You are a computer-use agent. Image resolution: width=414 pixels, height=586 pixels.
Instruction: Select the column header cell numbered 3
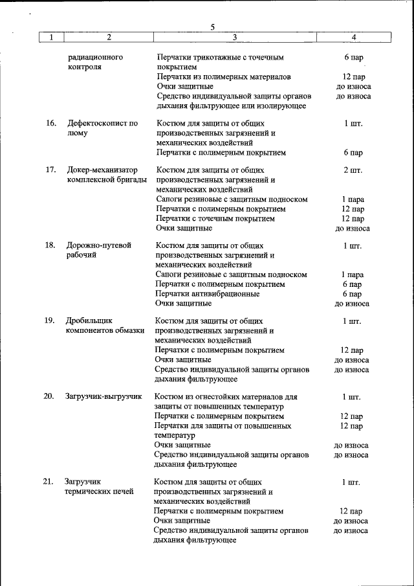234,38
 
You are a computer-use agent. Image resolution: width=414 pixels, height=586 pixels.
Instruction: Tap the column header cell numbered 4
353,38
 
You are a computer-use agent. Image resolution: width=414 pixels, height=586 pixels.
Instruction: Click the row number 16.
50,123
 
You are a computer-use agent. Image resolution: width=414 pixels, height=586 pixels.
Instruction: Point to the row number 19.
49,321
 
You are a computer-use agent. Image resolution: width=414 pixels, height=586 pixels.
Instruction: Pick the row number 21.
49,482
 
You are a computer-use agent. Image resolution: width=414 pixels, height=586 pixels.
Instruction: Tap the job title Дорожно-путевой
98,245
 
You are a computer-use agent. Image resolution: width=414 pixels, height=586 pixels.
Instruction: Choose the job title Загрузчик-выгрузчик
103,396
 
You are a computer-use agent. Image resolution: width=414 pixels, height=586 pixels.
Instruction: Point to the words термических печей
98,491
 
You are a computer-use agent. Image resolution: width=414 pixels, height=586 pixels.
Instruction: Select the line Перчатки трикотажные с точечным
220,57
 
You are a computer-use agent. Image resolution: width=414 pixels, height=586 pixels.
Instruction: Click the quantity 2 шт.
353,170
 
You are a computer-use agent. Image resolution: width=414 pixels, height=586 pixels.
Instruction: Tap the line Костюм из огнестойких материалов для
226,396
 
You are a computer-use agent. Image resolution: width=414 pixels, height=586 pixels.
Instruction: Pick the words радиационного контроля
95,62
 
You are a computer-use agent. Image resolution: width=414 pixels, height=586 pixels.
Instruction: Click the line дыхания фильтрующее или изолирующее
231,106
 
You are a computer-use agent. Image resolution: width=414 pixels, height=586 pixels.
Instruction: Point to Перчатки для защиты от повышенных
223,426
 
